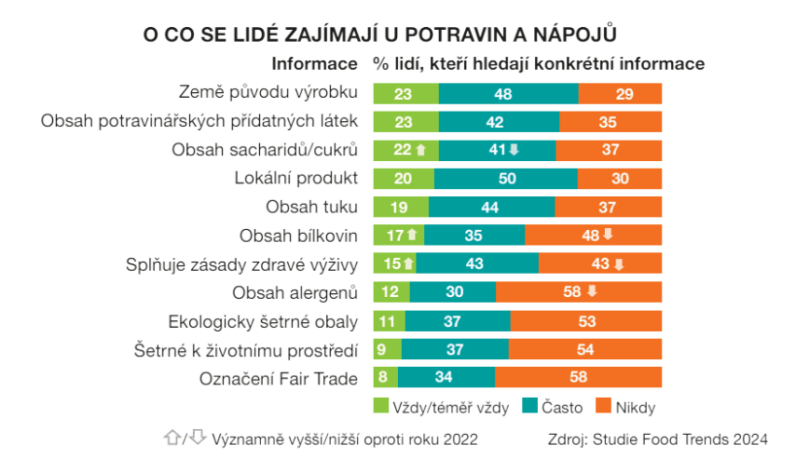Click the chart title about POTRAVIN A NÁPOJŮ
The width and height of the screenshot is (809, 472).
(x=380, y=34)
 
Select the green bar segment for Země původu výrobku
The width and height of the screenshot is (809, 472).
(x=405, y=94)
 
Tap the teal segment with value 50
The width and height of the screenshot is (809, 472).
(x=505, y=179)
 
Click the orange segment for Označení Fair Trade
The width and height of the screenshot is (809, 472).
(x=578, y=378)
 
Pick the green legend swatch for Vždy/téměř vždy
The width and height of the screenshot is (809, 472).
(x=381, y=407)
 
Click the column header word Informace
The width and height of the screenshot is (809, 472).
(x=314, y=64)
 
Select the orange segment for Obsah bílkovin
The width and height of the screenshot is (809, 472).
(x=593, y=236)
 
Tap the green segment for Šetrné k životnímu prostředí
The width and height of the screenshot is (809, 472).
(x=387, y=349)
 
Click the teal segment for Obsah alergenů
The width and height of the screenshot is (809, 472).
(x=452, y=293)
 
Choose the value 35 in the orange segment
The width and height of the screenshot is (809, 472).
(x=608, y=122)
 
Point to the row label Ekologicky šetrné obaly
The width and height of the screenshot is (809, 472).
(x=263, y=321)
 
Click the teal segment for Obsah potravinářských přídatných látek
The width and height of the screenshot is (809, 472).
(x=499, y=122)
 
